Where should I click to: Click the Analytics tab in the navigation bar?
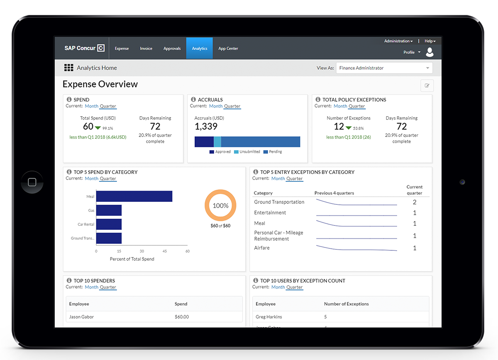(x=199, y=49)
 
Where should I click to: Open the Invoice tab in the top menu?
(x=146, y=49)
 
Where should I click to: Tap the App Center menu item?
(x=228, y=49)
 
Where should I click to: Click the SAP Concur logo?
(x=84, y=48)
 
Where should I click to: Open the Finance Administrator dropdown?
(x=383, y=68)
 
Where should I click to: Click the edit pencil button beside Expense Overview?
(x=427, y=86)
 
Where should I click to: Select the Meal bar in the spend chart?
(x=134, y=196)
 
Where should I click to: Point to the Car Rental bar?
(x=109, y=224)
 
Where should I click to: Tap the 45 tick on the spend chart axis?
(x=165, y=251)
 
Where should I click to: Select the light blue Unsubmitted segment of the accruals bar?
(x=217, y=141)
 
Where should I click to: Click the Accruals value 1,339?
(x=206, y=127)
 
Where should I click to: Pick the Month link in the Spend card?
(x=92, y=106)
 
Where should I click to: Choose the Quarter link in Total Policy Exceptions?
(x=356, y=106)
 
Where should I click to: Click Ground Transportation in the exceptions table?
(x=279, y=202)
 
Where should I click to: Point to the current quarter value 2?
(x=414, y=202)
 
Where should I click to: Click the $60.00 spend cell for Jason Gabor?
(x=182, y=317)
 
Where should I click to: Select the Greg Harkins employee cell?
(x=269, y=317)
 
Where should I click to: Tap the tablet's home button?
(x=32, y=182)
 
